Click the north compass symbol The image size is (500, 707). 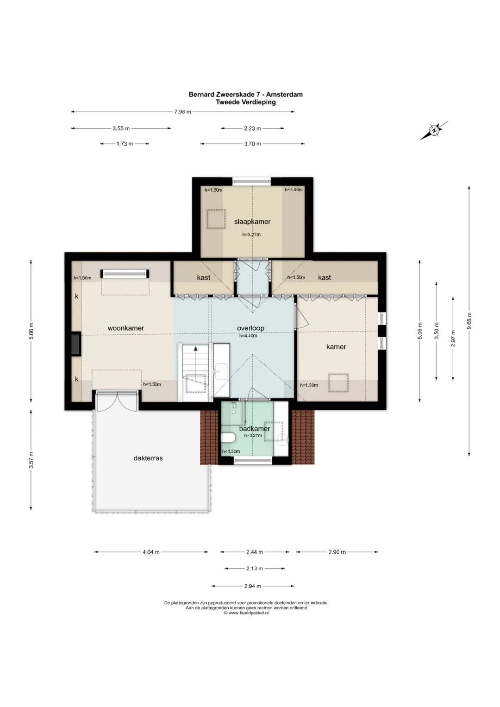[x=434, y=130]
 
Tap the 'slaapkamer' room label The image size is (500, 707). [x=252, y=222]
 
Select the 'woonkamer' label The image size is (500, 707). [x=125, y=328]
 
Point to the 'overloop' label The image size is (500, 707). [x=250, y=328]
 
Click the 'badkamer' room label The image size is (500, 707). [x=255, y=429]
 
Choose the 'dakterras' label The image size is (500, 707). [x=148, y=458]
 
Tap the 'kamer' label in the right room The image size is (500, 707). [x=336, y=347]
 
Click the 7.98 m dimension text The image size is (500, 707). [x=183, y=112]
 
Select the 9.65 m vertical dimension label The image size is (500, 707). [x=469, y=320]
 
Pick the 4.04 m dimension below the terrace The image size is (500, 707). [x=151, y=552]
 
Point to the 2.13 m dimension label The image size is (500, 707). [x=255, y=569]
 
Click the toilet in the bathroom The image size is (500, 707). [x=227, y=438]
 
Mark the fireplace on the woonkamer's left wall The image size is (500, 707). [x=76, y=344]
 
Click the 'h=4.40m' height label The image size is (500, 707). [x=248, y=336]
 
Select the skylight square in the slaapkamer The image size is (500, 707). [x=216, y=219]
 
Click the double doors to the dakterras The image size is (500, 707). [x=117, y=401]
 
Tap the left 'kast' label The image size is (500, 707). [x=204, y=277]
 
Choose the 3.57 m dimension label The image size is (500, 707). [x=31, y=461]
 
